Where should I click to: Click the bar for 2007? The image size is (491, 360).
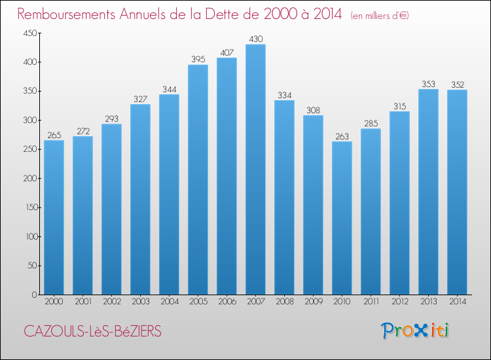click(x=255, y=170)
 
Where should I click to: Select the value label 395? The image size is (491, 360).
click(x=198, y=60)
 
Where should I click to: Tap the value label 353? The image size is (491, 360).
click(x=428, y=84)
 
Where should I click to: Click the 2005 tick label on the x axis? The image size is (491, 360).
click(x=198, y=302)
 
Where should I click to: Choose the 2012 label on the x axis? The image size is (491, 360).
click(x=399, y=302)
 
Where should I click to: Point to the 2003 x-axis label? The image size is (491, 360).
click(x=140, y=302)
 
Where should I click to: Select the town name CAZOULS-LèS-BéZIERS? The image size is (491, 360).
click(x=92, y=331)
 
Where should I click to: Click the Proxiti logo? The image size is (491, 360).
click(x=415, y=331)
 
